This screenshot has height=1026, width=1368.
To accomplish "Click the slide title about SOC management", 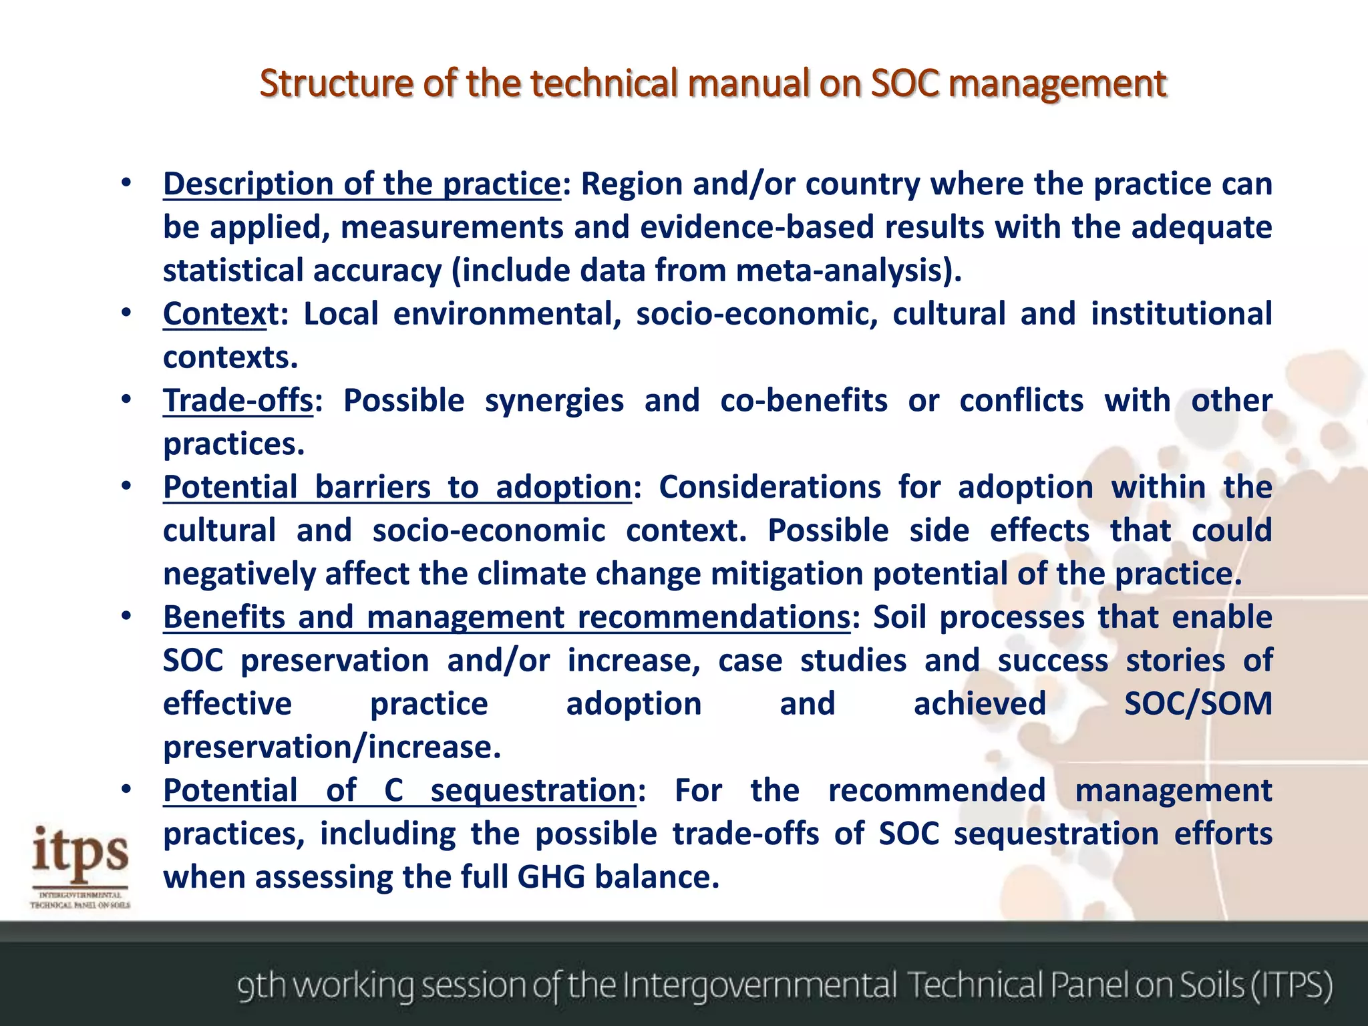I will [x=713, y=84].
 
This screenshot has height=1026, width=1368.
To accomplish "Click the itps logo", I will [x=80, y=865].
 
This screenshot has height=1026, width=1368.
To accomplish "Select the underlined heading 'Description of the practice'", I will [x=361, y=184].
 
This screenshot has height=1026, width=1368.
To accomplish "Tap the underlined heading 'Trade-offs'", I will [x=238, y=401].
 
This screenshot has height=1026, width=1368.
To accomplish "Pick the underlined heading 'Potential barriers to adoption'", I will [x=397, y=487].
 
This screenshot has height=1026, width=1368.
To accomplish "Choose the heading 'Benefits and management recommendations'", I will [x=506, y=617].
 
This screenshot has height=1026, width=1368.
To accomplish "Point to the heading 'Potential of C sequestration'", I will [x=399, y=790].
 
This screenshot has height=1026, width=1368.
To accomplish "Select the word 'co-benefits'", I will [x=804, y=401].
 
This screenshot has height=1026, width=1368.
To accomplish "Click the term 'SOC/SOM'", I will [x=1198, y=703].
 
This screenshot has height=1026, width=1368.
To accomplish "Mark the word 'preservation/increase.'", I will [x=332, y=747].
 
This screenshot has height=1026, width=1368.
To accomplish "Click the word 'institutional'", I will [x=1181, y=314].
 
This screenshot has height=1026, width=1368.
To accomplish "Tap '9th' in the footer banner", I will [x=262, y=985].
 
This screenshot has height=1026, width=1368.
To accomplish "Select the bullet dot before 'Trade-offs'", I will [x=126, y=399].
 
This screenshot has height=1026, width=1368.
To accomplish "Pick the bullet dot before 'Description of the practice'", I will [x=126, y=182].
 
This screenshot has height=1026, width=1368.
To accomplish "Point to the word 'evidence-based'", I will [x=757, y=227].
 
